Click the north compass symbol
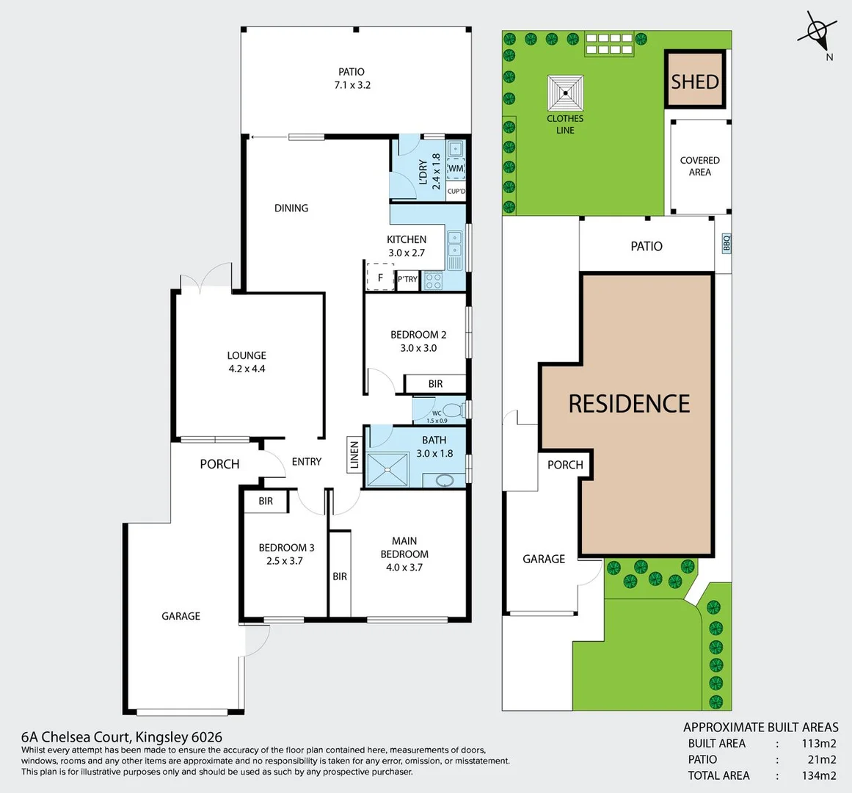818,32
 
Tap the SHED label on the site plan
694,82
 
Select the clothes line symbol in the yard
565,93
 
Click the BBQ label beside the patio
726,243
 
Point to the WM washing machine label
456,168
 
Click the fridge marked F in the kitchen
380,278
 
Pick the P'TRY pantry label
407,279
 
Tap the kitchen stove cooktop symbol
433,280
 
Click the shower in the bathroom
388,469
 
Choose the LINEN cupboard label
354,455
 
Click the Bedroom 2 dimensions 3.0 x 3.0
418,348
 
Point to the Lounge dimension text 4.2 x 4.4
247,369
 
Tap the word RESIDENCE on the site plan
629,403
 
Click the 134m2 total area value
818,775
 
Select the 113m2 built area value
818,743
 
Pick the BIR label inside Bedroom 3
266,501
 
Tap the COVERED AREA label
699,166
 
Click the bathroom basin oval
445,480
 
